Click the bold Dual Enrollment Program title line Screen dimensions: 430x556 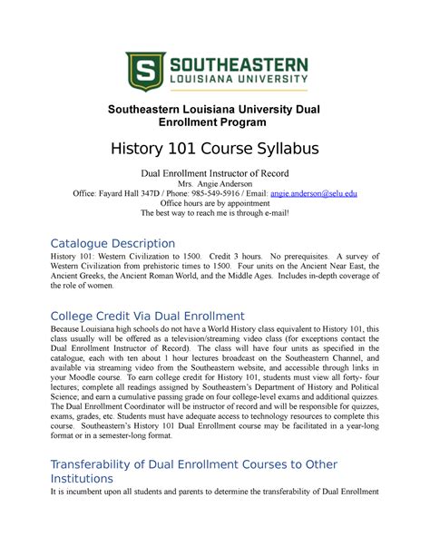click(x=215, y=121)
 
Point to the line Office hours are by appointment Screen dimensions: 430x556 click(x=215, y=204)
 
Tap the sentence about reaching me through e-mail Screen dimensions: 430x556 click(x=215, y=215)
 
